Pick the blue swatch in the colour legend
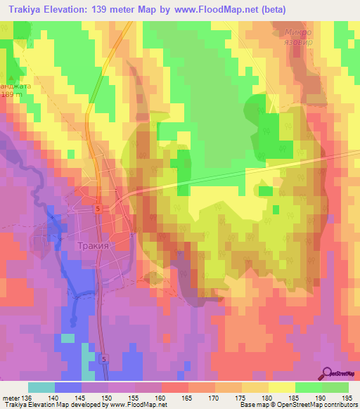[x=68, y=387]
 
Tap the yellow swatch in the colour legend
[x=281, y=387]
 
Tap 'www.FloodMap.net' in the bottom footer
[x=134, y=405]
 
